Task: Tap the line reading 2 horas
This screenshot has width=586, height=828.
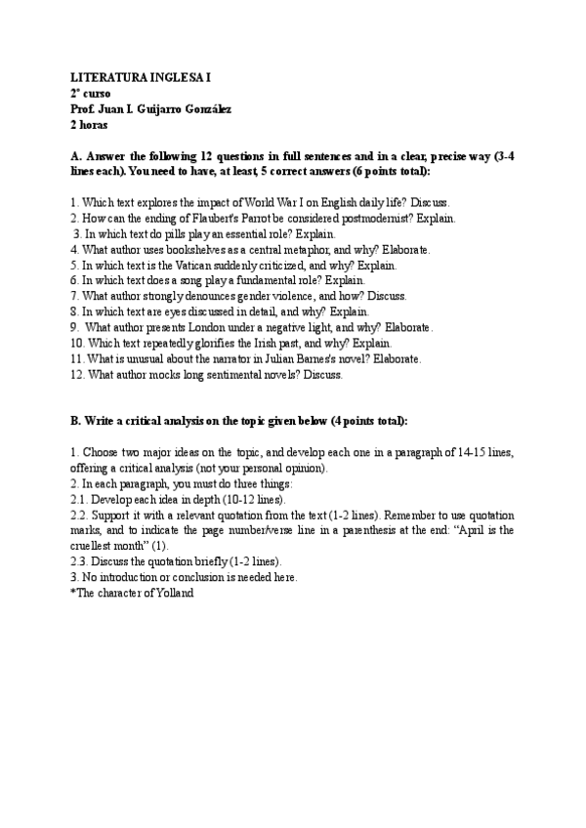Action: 89,125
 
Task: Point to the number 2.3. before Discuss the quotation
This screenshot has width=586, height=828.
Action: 80,560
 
